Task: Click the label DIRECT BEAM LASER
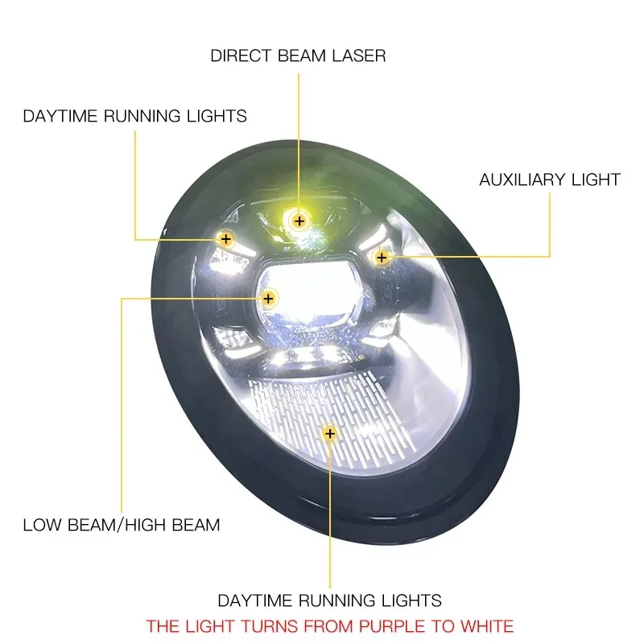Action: click(298, 56)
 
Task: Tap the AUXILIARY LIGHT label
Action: click(550, 180)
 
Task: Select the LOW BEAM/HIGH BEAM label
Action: click(121, 526)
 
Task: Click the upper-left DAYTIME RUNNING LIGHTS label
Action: click(134, 116)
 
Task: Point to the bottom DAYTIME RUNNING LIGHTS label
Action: click(329, 601)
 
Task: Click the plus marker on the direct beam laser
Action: click(299, 220)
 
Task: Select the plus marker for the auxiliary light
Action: click(382, 258)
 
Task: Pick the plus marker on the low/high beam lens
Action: click(269, 299)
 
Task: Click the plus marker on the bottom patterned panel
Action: click(329, 434)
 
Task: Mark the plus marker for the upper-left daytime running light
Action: click(226, 239)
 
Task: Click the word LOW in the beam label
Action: click(40, 526)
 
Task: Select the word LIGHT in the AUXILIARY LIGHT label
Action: click(596, 180)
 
